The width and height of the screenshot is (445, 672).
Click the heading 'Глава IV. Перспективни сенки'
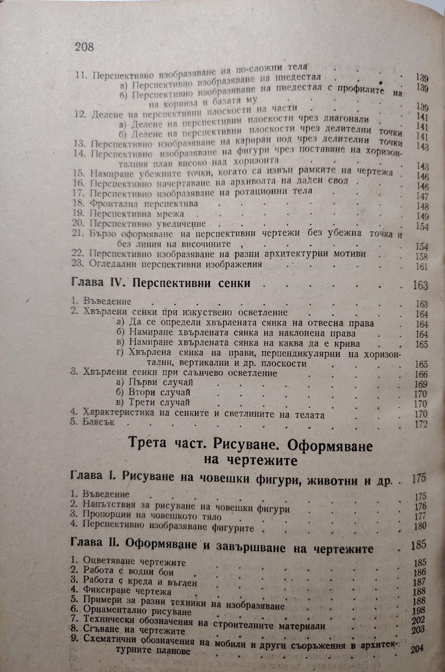161,283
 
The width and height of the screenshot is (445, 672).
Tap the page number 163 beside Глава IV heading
420,286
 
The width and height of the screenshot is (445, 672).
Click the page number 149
422,216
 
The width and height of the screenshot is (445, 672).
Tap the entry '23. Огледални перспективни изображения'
167,264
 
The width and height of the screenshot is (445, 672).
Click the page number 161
422,267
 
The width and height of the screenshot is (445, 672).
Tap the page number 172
421,424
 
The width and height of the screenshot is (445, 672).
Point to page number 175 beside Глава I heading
418,478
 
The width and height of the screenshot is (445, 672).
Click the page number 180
420,526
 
